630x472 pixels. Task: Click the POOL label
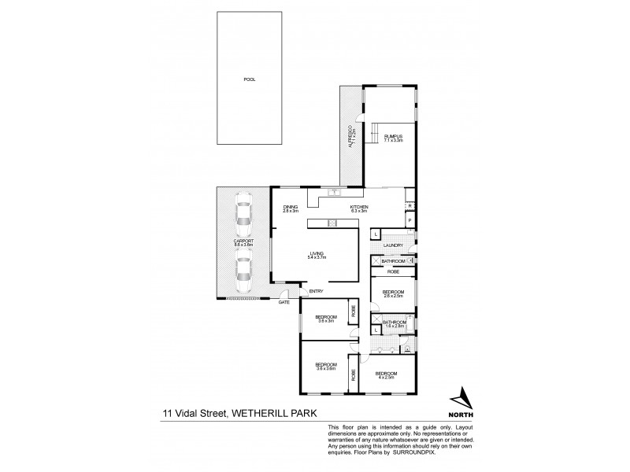[249, 79]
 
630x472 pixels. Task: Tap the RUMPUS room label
[393, 138]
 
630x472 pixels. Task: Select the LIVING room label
[317, 255]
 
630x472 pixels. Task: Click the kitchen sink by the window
[334, 191]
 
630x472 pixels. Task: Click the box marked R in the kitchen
[409, 206]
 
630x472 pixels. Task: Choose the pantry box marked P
[410, 221]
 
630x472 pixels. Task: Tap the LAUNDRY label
[393, 245]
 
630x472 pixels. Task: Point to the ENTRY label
[317, 292]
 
